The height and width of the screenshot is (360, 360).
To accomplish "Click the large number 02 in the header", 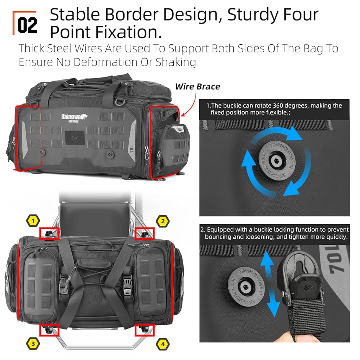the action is [27, 25].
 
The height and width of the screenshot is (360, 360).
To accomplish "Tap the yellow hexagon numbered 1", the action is [33, 221].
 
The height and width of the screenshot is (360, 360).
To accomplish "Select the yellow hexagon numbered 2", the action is [163, 221].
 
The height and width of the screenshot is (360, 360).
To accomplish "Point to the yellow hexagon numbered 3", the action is [33, 344].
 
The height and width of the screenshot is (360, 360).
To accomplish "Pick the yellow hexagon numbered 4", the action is [163, 344].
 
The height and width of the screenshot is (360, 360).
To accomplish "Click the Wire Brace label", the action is [198, 86].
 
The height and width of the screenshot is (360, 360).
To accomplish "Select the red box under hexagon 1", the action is [49, 233].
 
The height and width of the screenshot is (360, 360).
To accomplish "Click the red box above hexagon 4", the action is [144, 330].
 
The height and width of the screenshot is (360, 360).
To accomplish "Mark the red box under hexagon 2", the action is [144, 233].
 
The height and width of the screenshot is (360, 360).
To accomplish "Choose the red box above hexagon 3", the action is [49, 330].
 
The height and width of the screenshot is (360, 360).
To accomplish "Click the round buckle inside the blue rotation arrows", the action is [277, 160].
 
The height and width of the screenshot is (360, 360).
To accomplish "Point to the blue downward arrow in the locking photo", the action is [273, 303].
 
